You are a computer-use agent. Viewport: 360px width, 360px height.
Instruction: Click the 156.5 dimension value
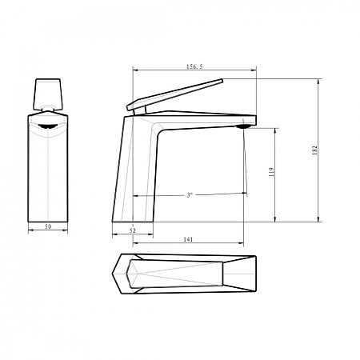tap(194, 66)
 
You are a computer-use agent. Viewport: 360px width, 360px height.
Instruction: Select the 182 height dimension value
tap(315, 150)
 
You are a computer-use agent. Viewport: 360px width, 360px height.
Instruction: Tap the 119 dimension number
tap(271, 172)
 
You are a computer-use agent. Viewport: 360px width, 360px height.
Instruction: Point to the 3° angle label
tap(190, 195)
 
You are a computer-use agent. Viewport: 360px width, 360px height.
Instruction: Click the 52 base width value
tap(133, 230)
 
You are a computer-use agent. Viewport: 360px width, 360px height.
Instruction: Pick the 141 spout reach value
tap(188, 239)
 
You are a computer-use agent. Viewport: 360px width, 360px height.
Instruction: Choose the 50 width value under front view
tap(48, 226)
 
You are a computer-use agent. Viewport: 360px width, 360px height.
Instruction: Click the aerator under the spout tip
tap(243, 126)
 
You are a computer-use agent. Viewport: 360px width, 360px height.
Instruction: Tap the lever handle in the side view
tap(174, 94)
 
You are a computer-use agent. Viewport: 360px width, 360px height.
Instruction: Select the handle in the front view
tap(48, 94)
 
